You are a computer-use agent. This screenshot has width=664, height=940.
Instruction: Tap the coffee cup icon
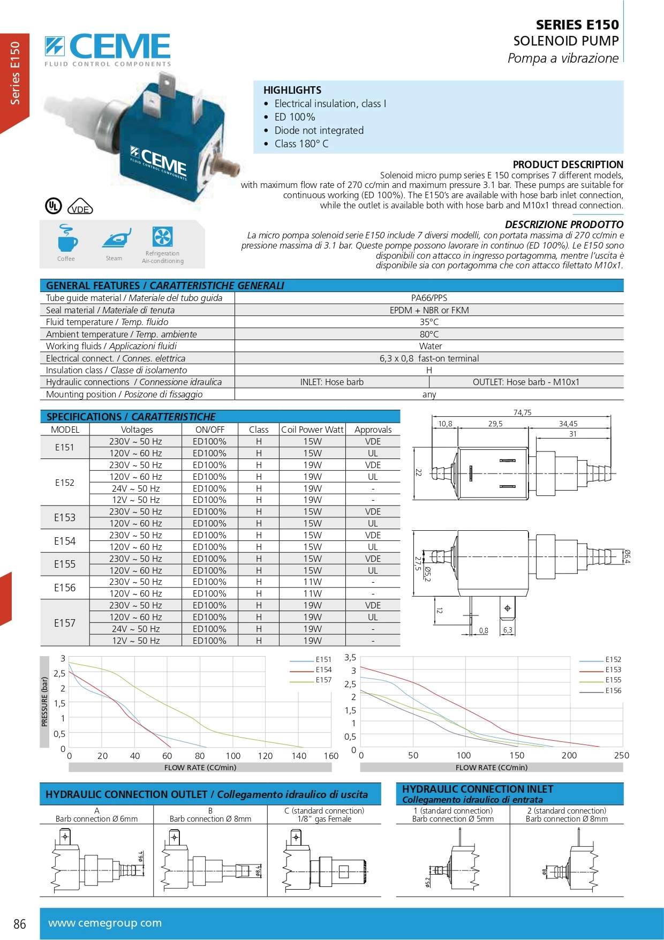point(66,239)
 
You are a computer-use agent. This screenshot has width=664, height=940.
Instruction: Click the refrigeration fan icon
point(162,236)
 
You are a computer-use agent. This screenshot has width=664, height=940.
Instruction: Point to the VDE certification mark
point(80,207)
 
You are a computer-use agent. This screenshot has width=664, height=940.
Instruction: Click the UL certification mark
point(53,206)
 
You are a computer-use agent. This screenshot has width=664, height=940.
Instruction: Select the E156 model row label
point(65,588)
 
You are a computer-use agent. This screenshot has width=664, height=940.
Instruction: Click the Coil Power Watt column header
point(312,430)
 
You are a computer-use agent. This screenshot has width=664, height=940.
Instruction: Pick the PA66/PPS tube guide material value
point(429,298)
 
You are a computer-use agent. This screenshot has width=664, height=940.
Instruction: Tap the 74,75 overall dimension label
point(522,412)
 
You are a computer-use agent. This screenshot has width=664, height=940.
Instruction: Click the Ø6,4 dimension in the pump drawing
point(627,557)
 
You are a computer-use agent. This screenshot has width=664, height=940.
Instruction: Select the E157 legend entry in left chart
point(323,680)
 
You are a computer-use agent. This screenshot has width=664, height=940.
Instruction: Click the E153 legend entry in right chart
point(613,670)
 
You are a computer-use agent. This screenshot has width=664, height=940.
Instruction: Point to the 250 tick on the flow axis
point(621,756)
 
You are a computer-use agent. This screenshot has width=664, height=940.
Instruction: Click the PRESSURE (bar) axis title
point(44,702)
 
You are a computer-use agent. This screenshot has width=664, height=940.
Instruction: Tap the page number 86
point(20,924)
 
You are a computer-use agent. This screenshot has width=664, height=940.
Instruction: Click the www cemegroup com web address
point(105,923)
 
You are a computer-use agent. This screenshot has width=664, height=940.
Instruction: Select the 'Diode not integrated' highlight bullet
point(319,131)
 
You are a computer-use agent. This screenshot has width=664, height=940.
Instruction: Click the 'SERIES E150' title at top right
point(577,25)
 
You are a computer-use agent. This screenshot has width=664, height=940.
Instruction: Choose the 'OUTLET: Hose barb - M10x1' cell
point(526,382)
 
